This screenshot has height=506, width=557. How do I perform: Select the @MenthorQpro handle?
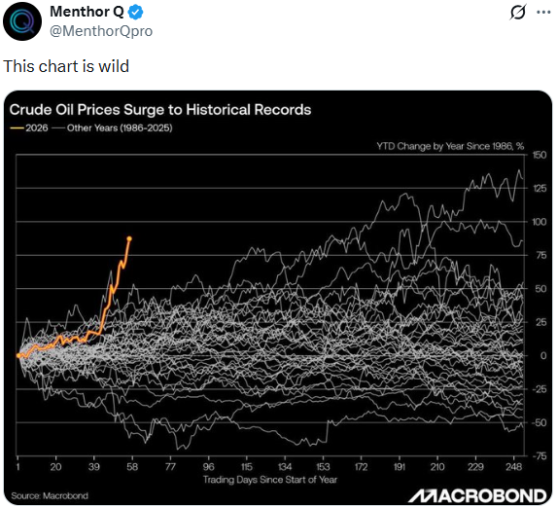(x=100, y=31)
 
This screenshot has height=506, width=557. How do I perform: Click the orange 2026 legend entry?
(x=28, y=127)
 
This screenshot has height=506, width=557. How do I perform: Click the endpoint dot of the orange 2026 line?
(x=129, y=238)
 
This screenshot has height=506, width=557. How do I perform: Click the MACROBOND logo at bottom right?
(x=476, y=493)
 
